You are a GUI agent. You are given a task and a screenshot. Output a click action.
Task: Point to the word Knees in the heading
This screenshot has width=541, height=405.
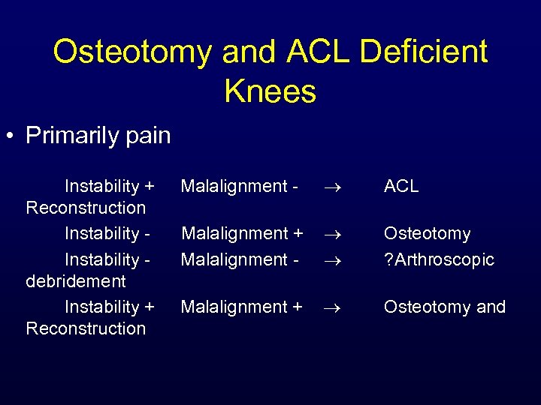coord(270,91)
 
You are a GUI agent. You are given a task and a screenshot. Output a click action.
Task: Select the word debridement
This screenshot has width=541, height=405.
coord(76,281)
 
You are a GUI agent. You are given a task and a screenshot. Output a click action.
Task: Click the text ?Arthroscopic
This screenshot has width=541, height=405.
coord(439,260)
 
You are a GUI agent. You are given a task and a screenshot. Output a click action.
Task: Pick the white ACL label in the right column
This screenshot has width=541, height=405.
coord(401,186)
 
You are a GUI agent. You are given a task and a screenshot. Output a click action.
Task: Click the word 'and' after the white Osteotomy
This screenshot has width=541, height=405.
coord(491,307)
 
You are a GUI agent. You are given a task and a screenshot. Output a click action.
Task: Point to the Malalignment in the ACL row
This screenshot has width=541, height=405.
coord(235,186)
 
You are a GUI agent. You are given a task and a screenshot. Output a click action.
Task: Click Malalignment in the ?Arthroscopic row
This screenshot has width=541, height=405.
coord(235,259)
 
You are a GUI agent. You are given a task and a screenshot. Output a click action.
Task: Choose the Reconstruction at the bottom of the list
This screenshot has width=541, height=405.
coord(86,328)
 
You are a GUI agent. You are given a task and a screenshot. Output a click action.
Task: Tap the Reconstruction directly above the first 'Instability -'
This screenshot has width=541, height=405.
coord(86,208)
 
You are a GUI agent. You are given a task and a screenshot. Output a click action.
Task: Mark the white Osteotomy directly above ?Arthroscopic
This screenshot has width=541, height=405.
coord(427,234)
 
